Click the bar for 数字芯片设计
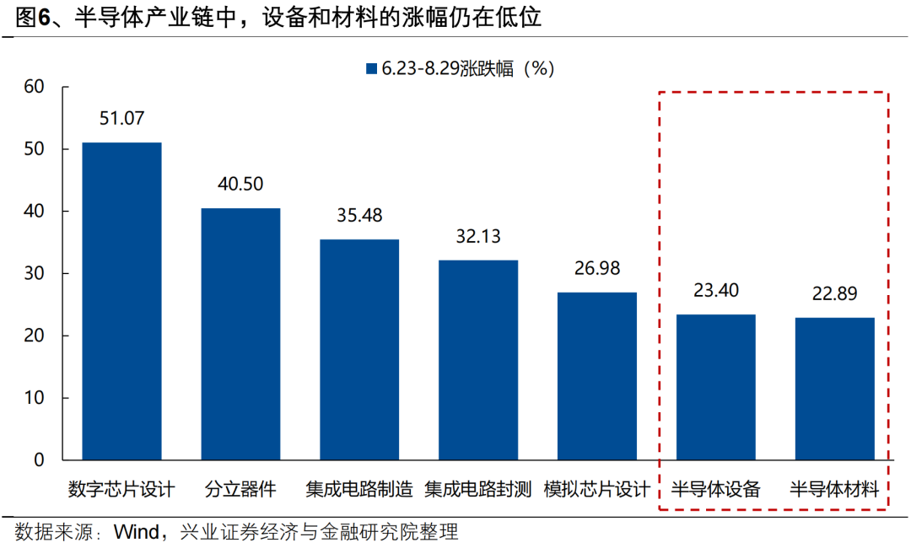pos(121,302)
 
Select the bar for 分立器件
pos(240,334)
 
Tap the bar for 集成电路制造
pos(359,350)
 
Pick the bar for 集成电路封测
pos(478,360)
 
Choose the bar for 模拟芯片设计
pos(597,376)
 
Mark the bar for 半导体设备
pos(716,387)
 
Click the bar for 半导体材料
pos(835,389)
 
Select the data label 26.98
pos(597,268)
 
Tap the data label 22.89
pos(835,294)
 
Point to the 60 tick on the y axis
pos(34,87)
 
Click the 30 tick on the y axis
pos(34,274)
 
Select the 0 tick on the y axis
pos(39,460)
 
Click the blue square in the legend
pos(371,69)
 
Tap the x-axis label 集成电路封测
pos(478,489)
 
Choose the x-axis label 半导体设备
pos(716,489)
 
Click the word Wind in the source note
pos(136,533)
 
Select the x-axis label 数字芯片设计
pos(121,489)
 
